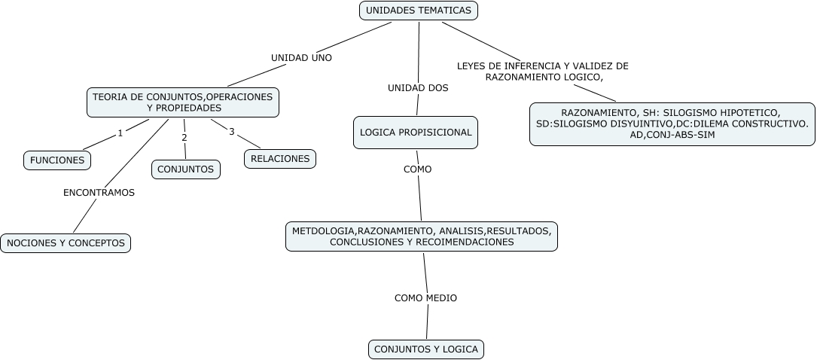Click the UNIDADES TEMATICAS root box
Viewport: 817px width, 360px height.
419,11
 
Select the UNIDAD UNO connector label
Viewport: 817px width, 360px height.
301,57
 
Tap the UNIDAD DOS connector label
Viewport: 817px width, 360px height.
418,88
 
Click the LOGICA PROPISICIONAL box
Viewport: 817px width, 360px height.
416,133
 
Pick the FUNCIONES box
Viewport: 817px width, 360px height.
57,160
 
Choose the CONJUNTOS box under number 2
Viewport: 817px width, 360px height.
185,169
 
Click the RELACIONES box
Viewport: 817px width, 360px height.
280,159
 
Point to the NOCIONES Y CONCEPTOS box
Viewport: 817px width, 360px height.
66,243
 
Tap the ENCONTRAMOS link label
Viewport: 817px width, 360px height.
99,193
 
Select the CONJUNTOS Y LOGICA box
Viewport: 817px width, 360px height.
425,349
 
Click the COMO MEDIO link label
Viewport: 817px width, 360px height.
425,298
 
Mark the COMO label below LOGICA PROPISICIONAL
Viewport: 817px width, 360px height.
417,169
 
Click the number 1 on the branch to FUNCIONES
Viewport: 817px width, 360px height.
120,134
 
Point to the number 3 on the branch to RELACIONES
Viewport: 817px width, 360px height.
232,132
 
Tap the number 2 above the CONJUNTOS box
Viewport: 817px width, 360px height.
184,138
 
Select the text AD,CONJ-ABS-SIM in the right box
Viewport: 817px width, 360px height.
672,134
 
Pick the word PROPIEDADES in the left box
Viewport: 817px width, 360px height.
184,108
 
